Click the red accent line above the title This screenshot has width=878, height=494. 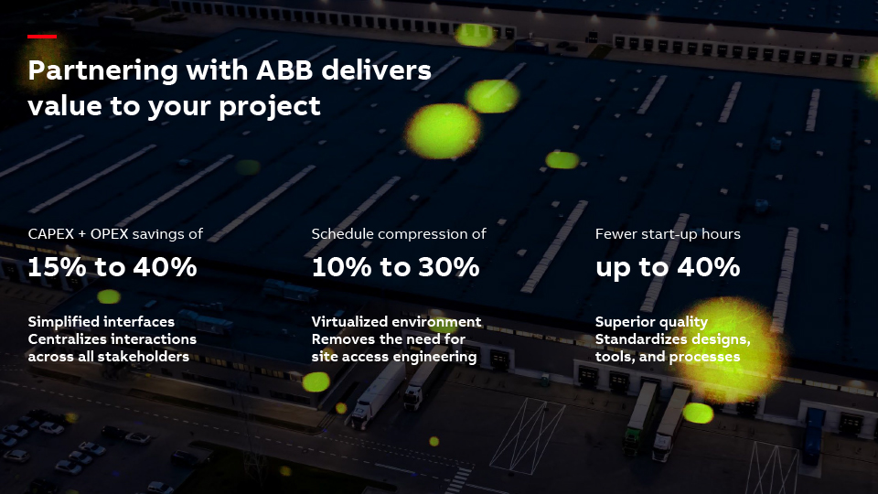click(x=42, y=37)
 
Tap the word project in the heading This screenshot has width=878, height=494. click(x=269, y=106)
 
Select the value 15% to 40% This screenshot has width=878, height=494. click(x=112, y=266)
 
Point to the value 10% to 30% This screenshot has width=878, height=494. click(x=396, y=266)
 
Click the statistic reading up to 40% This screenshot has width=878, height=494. click(x=668, y=267)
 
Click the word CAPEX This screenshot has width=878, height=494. click(x=51, y=233)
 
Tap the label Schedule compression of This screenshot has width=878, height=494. click(x=399, y=234)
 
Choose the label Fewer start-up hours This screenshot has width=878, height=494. click(x=668, y=234)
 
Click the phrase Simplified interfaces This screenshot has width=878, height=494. click(x=102, y=321)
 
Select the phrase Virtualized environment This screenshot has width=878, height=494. click(x=396, y=321)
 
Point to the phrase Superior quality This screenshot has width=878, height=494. click(x=651, y=322)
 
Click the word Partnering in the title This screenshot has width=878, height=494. click(x=103, y=71)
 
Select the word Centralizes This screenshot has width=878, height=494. click(x=63, y=339)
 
